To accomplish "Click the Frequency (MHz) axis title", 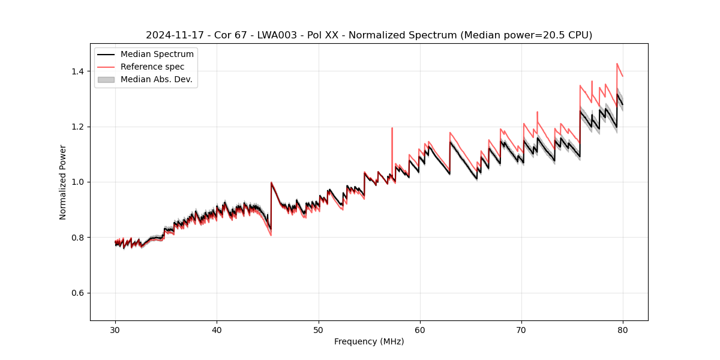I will click(369, 341).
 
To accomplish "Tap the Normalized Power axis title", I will click(63, 182).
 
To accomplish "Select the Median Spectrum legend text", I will click(157, 55).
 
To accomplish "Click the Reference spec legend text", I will click(152, 67).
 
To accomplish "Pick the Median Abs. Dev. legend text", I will click(156, 79).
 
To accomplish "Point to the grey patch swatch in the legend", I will click(106, 79).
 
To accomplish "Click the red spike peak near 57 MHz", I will click(392, 128).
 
